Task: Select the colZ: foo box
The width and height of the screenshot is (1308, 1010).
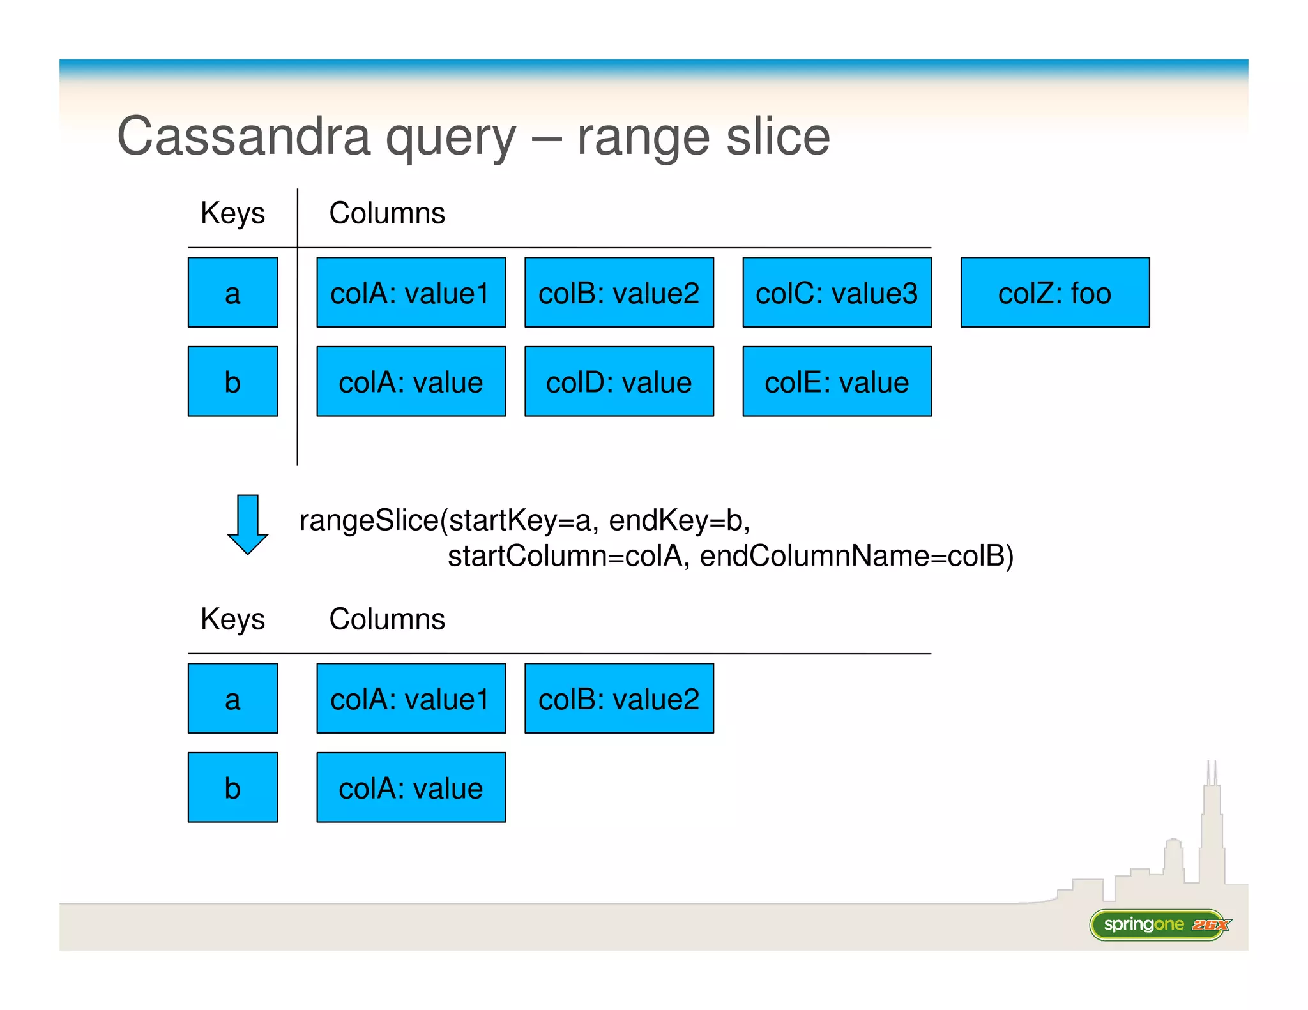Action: click(x=1054, y=293)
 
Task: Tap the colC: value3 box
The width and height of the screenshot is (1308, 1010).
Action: click(x=837, y=293)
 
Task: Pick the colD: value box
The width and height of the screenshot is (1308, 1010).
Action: click(x=618, y=382)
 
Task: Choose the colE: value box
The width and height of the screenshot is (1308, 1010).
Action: click(x=837, y=382)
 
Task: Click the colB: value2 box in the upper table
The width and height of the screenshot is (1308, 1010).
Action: click(x=618, y=293)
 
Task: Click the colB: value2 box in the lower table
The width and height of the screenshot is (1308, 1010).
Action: click(x=618, y=698)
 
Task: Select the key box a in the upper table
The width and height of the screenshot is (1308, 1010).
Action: click(x=232, y=293)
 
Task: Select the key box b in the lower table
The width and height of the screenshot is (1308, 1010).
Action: click(x=232, y=787)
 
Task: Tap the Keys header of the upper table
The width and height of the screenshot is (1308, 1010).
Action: click(x=232, y=213)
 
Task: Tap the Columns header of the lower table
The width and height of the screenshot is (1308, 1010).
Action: click(x=386, y=619)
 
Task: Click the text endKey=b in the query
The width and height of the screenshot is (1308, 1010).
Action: click(x=679, y=520)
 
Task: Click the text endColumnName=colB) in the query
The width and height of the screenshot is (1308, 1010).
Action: click(x=856, y=556)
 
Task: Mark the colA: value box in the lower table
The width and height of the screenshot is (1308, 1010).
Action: click(x=411, y=787)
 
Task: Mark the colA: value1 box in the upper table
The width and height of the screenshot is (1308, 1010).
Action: click(x=411, y=293)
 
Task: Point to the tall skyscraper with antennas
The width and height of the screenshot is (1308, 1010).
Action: click(x=1212, y=830)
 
